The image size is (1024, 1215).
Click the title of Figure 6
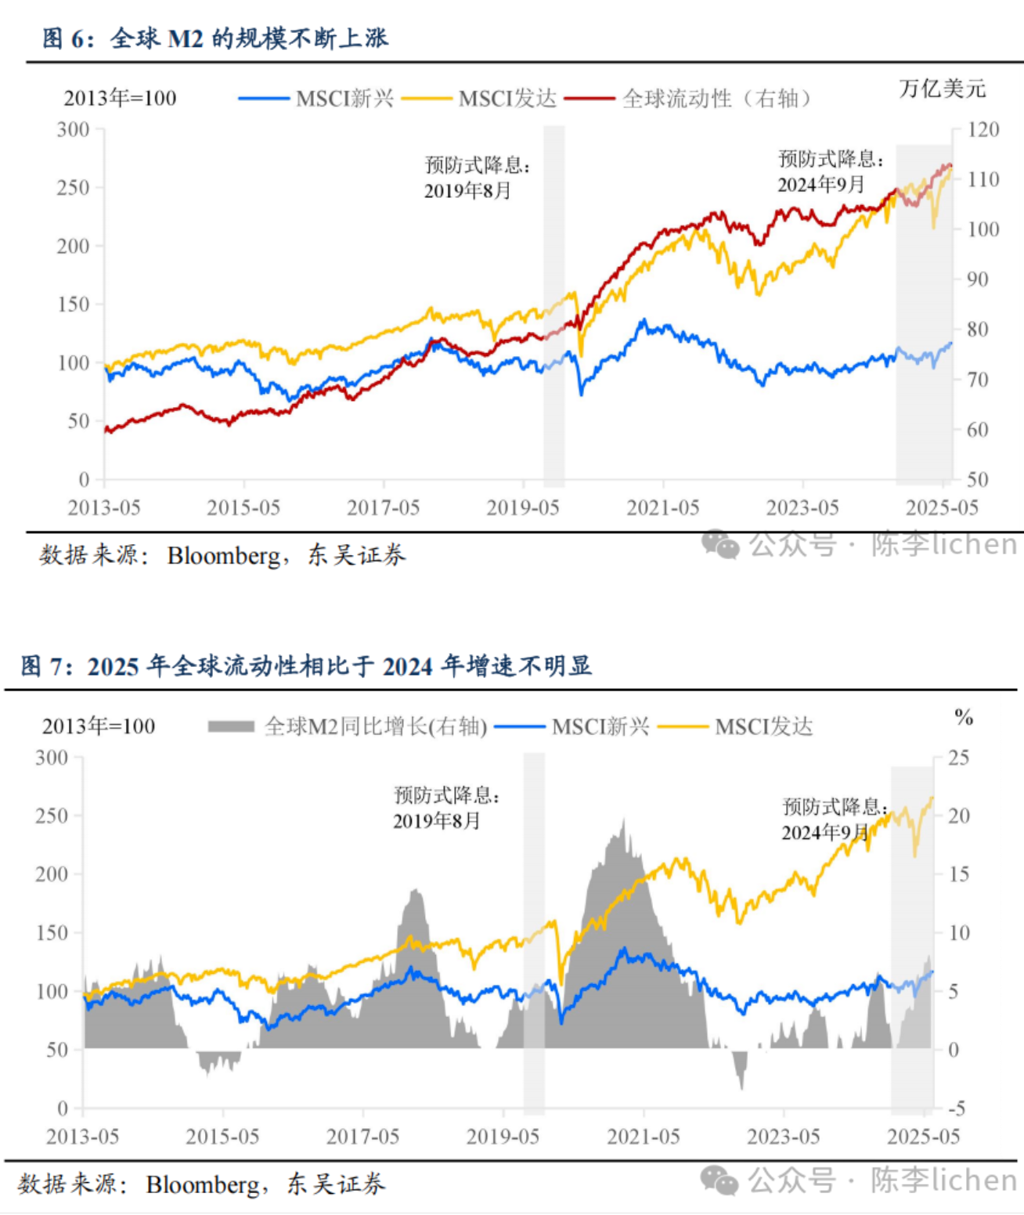tap(215, 38)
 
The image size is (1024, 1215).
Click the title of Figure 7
tap(306, 666)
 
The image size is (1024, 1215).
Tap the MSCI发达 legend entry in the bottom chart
tap(735, 726)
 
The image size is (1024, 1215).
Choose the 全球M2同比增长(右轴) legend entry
tap(348, 726)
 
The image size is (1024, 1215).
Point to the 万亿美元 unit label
tap(942, 88)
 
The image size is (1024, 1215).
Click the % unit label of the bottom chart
tap(963, 716)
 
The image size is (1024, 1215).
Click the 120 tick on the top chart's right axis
tap(983, 129)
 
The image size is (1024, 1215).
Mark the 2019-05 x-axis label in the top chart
tap(523, 508)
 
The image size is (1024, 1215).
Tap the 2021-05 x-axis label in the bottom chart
tap(643, 1137)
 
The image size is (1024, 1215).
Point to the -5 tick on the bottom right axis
tap(957, 1109)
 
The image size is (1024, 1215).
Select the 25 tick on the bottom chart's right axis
tap(958, 758)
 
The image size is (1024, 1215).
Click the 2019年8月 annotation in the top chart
tap(467, 191)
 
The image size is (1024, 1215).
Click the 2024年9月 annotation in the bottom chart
tap(824, 832)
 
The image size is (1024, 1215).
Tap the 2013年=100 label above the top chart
tap(120, 99)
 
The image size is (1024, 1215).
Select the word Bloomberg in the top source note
tap(223, 556)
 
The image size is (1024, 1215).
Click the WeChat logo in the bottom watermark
tap(719, 1181)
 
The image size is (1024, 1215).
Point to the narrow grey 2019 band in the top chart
tap(553, 305)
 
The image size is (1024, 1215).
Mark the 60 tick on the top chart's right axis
tap(977, 430)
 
